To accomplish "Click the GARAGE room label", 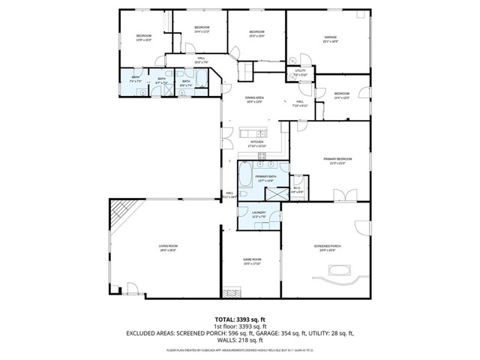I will click(x=330, y=37).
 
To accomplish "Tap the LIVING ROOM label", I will click(x=167, y=247).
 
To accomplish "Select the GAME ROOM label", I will click(x=251, y=261).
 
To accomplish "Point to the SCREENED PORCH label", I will click(x=326, y=247).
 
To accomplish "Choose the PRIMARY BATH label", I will click(x=266, y=178).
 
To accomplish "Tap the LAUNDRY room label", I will click(x=259, y=214).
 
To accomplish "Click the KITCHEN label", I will click(x=257, y=143).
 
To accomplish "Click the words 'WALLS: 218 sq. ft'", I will click(x=240, y=342).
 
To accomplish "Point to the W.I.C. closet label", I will click(x=297, y=190).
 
